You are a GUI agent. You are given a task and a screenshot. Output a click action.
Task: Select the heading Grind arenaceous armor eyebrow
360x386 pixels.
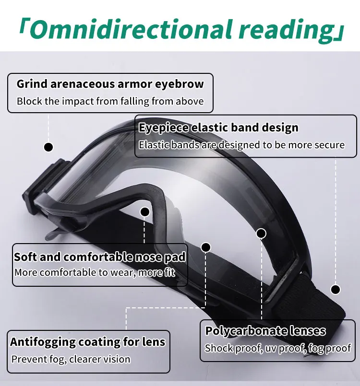tap(110, 84)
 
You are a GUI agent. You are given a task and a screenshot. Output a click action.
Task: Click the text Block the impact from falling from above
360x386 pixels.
tap(110, 101)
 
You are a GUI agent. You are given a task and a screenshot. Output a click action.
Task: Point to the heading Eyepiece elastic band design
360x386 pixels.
tap(218, 128)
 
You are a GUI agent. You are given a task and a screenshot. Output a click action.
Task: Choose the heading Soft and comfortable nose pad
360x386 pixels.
tap(100, 257)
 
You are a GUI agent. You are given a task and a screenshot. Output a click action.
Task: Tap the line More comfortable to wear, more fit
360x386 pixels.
tap(95, 273)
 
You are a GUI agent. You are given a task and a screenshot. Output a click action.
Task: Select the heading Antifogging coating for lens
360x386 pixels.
tap(88, 342)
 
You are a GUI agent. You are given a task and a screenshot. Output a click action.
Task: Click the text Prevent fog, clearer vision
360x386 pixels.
tap(71, 359)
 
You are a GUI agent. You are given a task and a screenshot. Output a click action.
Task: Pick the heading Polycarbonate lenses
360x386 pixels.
tap(265, 331)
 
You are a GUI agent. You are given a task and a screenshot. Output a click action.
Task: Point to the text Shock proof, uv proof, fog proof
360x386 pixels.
tap(277, 348)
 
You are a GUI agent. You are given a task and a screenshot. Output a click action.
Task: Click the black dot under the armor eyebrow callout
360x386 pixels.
tap(48, 147)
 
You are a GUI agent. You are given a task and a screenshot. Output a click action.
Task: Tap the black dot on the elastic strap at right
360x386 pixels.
tap(336, 289)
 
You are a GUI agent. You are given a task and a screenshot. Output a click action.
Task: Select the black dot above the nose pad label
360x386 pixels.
tap(144, 211)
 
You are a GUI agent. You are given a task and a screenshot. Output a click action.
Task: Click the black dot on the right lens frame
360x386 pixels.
tap(261, 234)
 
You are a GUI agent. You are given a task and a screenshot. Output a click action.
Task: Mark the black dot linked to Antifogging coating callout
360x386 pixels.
tap(206, 247)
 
